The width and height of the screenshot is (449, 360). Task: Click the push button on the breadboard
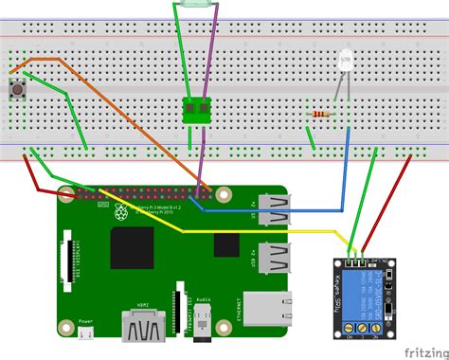click(16, 91)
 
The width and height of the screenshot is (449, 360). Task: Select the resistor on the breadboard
click(322, 117)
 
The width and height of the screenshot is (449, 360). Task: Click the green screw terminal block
click(197, 111)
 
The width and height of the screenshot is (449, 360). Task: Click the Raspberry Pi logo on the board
click(121, 212)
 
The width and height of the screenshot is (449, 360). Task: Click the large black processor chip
click(133, 247)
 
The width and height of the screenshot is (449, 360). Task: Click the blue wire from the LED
click(351, 161)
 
